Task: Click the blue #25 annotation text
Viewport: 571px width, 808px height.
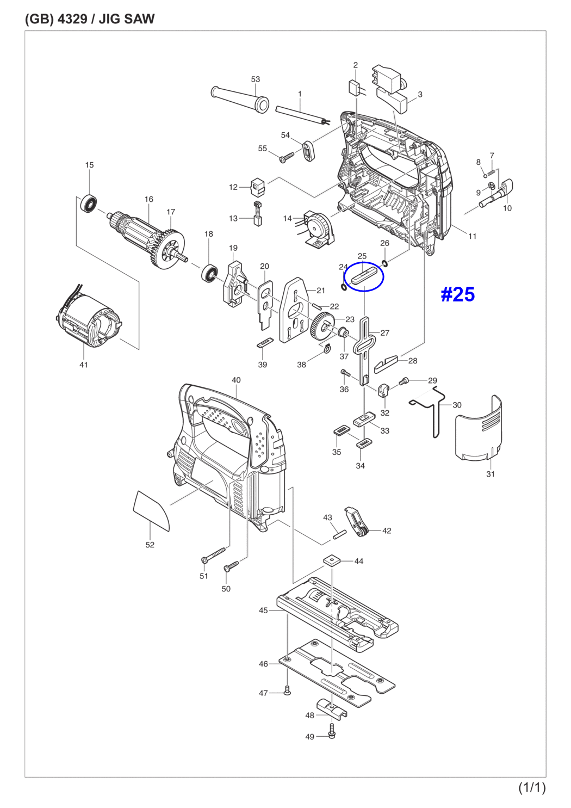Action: pyautogui.click(x=457, y=294)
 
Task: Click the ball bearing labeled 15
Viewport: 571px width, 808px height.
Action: pyautogui.click(x=89, y=204)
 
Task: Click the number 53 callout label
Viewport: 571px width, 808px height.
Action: pyautogui.click(x=256, y=79)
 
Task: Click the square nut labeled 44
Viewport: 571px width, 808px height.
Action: pyautogui.click(x=331, y=560)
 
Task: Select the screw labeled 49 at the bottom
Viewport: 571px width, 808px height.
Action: pyautogui.click(x=332, y=733)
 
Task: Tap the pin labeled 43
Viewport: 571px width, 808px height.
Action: pyautogui.click(x=339, y=534)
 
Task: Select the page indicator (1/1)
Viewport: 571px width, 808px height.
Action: pyautogui.click(x=531, y=787)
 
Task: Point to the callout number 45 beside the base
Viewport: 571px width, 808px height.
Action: pyautogui.click(x=263, y=610)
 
